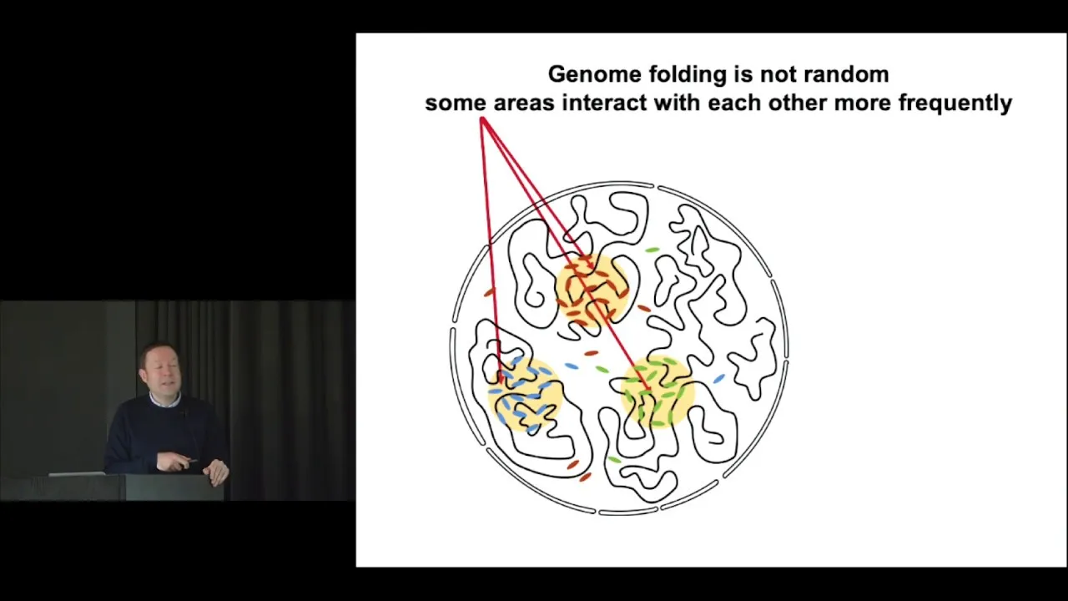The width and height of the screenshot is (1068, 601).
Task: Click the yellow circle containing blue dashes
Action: click(525, 394)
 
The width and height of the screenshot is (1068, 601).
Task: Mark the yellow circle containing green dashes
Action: click(657, 391)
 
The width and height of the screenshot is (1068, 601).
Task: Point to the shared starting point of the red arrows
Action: click(482, 119)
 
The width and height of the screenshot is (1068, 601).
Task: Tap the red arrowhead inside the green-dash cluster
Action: click(646, 386)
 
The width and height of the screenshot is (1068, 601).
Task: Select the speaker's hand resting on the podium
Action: click(216, 469)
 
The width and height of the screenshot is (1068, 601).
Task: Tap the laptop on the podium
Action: click(77, 473)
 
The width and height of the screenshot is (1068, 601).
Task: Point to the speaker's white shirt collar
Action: click(164, 400)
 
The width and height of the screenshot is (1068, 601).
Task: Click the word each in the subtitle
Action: click(734, 103)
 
